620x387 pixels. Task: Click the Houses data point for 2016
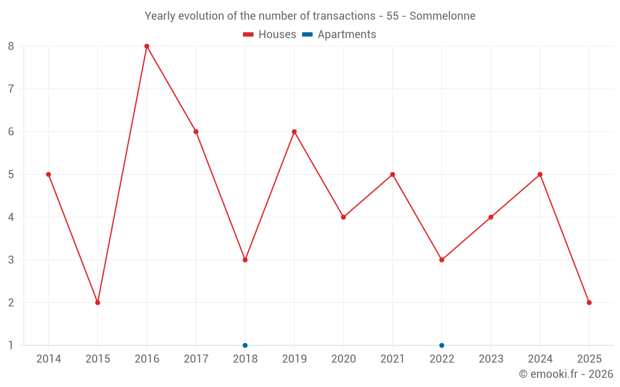coord(147,46)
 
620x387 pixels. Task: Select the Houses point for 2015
coord(97,302)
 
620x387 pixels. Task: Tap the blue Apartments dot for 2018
coord(245,345)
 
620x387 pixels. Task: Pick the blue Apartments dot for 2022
coord(441,345)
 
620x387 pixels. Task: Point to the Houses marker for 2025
coord(589,302)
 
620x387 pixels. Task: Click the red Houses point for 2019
coord(294,131)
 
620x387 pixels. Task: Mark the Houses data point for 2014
coord(48,174)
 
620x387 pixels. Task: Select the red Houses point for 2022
coord(441,259)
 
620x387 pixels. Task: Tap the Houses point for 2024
coord(540,174)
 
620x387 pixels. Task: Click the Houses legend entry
coord(270,35)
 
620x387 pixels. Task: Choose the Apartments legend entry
coord(339,35)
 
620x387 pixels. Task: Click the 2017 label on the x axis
coord(196,359)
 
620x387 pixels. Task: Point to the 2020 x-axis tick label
coord(343,359)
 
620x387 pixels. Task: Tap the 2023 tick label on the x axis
coord(491,359)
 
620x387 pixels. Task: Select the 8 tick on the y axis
coord(11,46)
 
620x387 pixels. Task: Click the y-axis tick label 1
coord(11,345)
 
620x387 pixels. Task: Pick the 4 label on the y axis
coord(11,217)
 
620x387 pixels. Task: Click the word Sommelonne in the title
coord(443,16)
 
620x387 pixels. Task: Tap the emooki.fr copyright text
coord(566,374)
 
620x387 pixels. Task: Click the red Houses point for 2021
coord(392,174)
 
